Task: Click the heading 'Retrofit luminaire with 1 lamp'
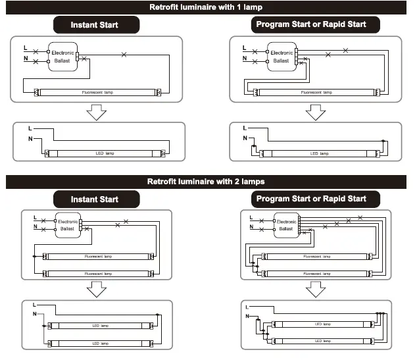tap(208, 7)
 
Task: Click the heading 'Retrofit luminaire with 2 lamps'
tap(208, 181)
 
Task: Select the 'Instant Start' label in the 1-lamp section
tap(96, 25)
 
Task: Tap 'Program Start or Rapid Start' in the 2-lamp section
tap(310, 199)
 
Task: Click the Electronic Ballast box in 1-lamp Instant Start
tap(64, 56)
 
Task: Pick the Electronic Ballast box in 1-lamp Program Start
tap(282, 56)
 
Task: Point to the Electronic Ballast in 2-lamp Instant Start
tap(68, 226)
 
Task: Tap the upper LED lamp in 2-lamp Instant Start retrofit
tap(100, 325)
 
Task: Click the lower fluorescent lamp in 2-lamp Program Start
tap(317, 272)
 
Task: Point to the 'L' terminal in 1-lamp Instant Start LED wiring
tap(30, 127)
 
